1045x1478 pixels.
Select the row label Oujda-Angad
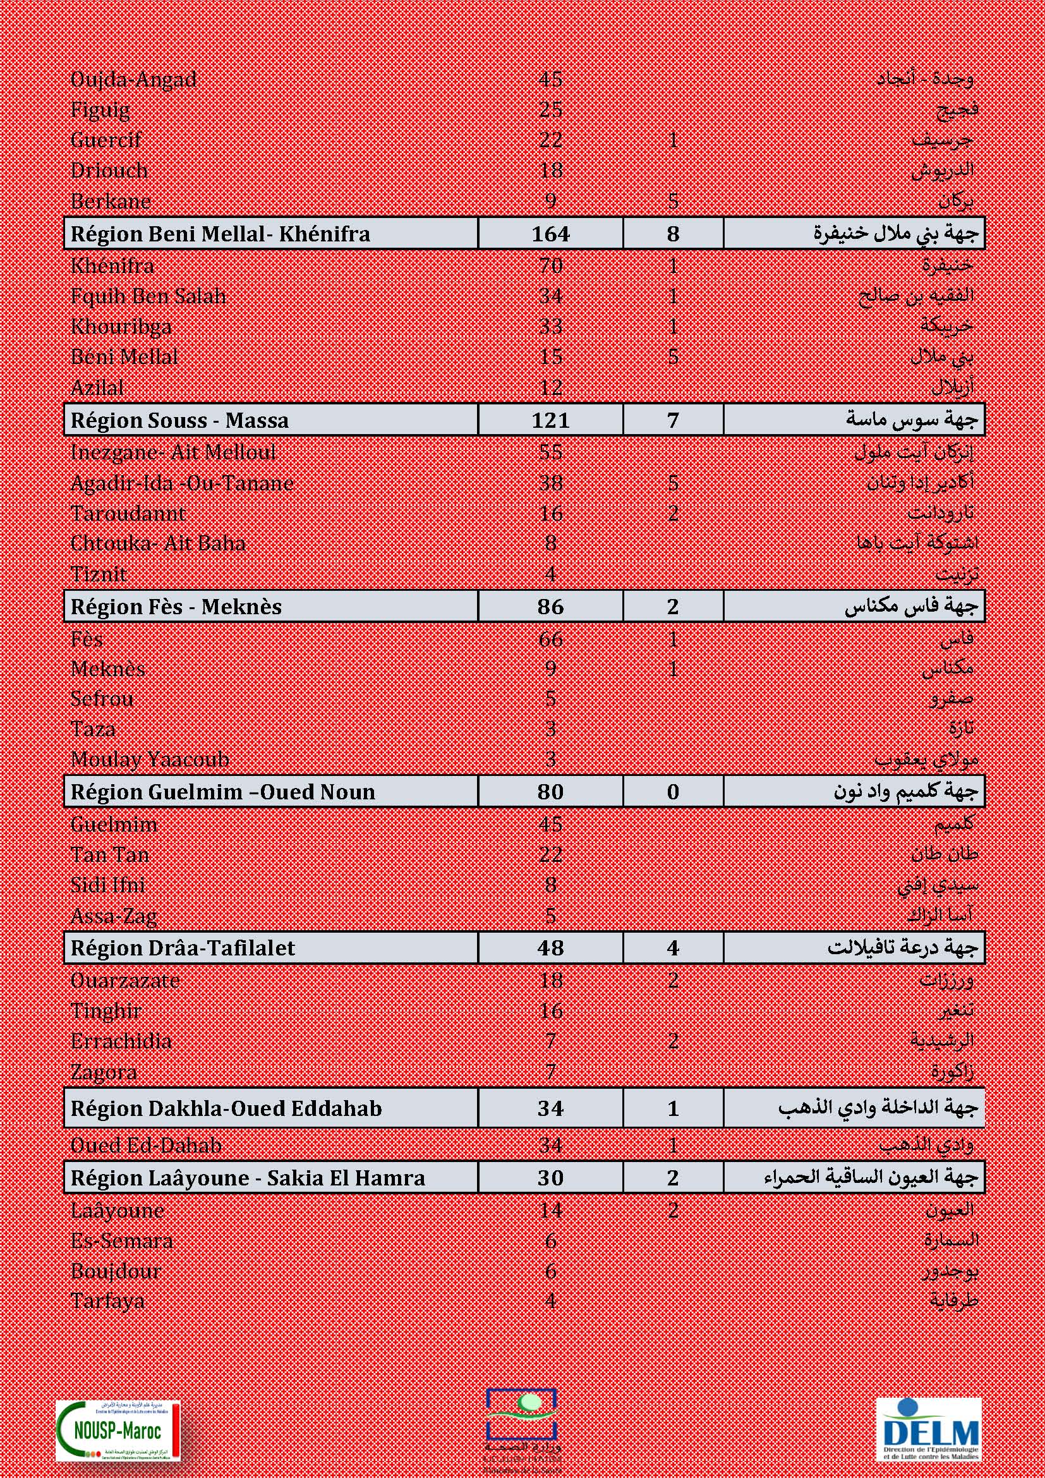tap(133, 80)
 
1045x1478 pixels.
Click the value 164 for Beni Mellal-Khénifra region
tap(550, 234)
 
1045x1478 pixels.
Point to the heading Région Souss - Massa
tap(179, 420)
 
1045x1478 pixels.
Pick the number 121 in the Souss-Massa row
tap(550, 420)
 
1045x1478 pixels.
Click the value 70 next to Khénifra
tap(550, 266)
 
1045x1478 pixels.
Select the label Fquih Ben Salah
tap(148, 296)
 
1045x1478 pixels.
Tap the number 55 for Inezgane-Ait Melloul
tap(550, 452)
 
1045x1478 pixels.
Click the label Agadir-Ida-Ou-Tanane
tap(182, 483)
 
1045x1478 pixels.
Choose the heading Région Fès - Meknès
tap(176, 607)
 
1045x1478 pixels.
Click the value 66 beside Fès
tap(550, 639)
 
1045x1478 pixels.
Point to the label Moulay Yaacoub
tap(150, 759)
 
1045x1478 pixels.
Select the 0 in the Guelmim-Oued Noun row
tap(672, 792)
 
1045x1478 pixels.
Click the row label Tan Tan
tap(110, 854)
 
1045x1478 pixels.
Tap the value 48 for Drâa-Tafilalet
tap(550, 948)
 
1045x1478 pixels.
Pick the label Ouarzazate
tap(125, 981)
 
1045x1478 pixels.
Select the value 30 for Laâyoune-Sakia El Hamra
tap(550, 1177)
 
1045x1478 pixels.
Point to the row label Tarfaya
tap(107, 1301)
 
